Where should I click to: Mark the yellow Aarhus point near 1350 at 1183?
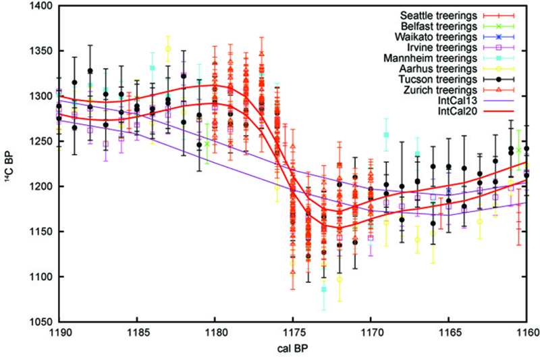(x=168, y=49)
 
